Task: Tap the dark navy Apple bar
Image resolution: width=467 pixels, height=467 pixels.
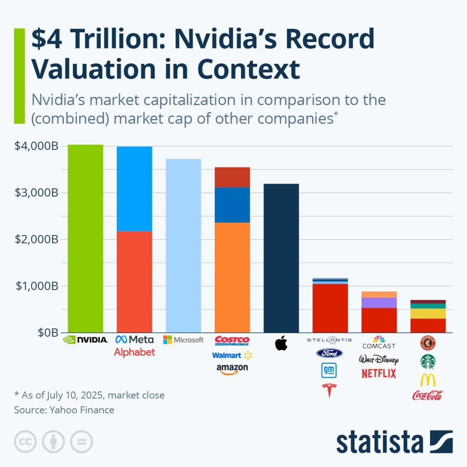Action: tap(281, 258)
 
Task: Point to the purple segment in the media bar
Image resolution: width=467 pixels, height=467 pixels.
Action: tap(379, 303)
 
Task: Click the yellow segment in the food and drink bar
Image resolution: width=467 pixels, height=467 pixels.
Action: tap(428, 313)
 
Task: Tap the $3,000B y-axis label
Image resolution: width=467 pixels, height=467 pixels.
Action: tap(37, 192)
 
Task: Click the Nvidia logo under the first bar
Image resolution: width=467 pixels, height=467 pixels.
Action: tap(85, 340)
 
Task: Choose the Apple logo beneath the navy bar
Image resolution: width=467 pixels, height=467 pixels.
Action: tap(281, 343)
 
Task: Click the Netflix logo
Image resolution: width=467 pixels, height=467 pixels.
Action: tap(379, 374)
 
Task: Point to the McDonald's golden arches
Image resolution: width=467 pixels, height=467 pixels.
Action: tap(428, 380)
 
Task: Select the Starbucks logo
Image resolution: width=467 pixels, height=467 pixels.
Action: tap(428, 361)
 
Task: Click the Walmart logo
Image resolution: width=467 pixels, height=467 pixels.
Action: tap(232, 355)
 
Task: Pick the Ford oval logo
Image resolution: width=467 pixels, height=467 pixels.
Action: tap(329, 353)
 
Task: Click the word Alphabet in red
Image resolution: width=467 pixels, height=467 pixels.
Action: tap(135, 352)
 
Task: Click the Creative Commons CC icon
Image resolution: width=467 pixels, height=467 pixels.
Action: tap(26, 441)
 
